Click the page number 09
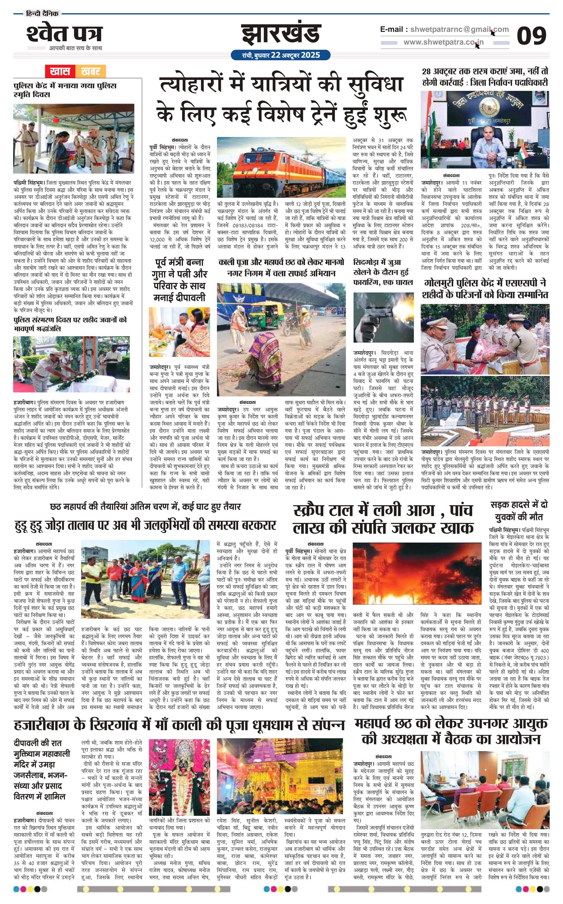[531, 36]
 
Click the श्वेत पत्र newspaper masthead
[64, 34]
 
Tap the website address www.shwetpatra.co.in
[444, 42]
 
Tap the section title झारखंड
[281, 34]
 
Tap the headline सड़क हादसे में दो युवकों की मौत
[519, 511]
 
